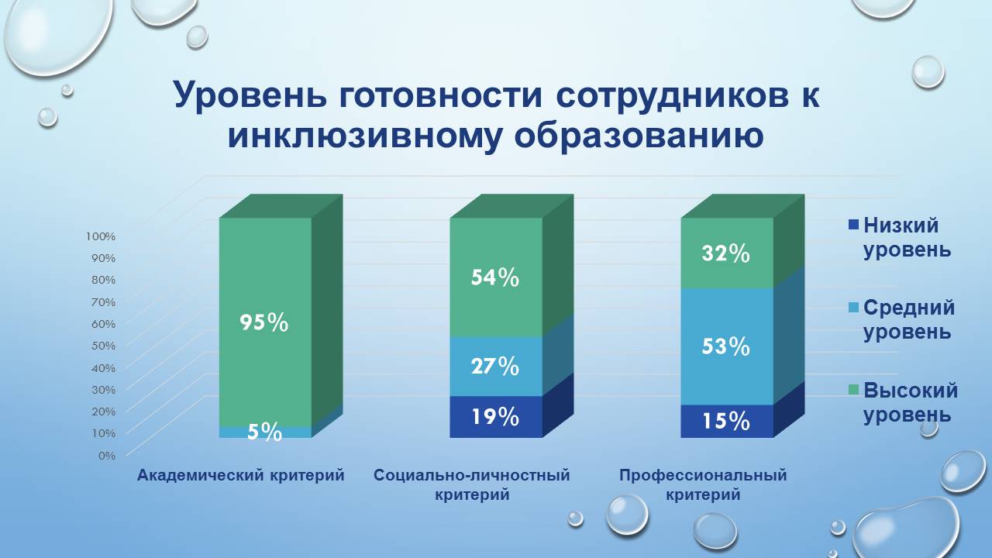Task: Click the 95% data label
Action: pyautogui.click(x=263, y=322)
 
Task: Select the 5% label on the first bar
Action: pyautogui.click(x=264, y=432)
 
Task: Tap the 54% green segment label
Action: pyautogui.click(x=495, y=277)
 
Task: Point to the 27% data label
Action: pyautogui.click(x=495, y=366)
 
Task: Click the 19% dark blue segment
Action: pyautogui.click(x=495, y=417)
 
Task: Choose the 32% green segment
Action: pyautogui.click(x=726, y=253)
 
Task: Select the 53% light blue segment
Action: pyautogui.click(x=726, y=346)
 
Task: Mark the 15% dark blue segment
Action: pyautogui.click(x=726, y=422)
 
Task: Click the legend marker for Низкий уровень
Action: pyautogui.click(x=854, y=226)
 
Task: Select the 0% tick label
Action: pyautogui.click(x=106, y=455)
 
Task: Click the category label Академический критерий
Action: pyautogui.click(x=240, y=475)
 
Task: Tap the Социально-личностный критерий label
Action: pyautogui.click(x=471, y=484)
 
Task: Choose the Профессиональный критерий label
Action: pyautogui.click(x=702, y=484)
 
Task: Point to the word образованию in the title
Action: pyautogui.click(x=639, y=136)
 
